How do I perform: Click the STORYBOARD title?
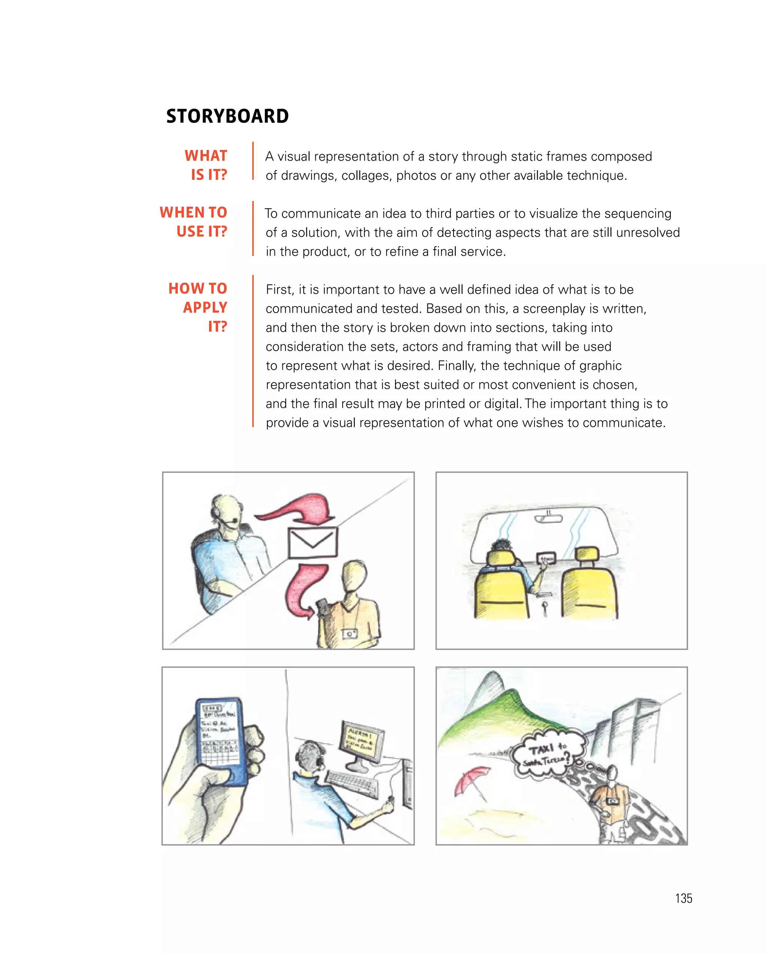227,117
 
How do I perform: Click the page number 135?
683,898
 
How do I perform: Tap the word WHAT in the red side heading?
206,156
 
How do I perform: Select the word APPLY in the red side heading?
205,307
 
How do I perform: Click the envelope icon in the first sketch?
312,543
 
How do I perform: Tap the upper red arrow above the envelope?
301,509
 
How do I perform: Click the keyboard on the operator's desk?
352,785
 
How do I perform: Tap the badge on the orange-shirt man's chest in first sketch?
349,634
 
